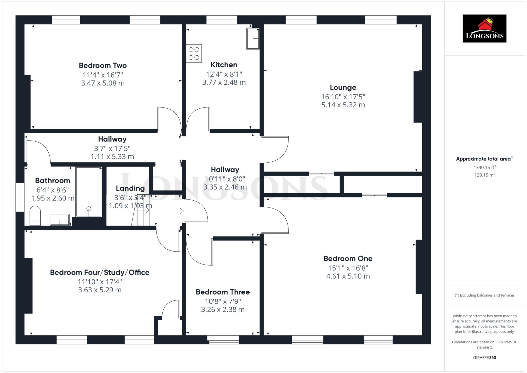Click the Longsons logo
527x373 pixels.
pos(485,28)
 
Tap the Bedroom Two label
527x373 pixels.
pos(103,65)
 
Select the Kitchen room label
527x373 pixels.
pos(224,65)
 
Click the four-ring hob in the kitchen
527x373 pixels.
pos(194,54)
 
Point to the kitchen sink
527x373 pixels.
pos(253,39)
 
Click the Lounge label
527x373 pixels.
pos(343,88)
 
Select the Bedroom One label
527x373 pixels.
pos(348,258)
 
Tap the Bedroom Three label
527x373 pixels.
pos(223,292)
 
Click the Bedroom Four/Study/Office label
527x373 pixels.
pos(100,272)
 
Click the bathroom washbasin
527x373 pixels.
pos(60,220)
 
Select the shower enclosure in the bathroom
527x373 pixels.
pos(89,192)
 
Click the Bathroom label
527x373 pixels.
pos(52,180)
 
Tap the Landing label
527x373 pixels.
pos(130,188)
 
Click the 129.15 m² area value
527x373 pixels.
pos(485,175)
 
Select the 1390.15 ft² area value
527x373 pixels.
pos(485,167)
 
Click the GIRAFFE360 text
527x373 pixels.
pos(485,358)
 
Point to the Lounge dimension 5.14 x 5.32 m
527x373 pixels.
pos(343,105)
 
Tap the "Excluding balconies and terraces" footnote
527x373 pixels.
pos(485,295)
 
